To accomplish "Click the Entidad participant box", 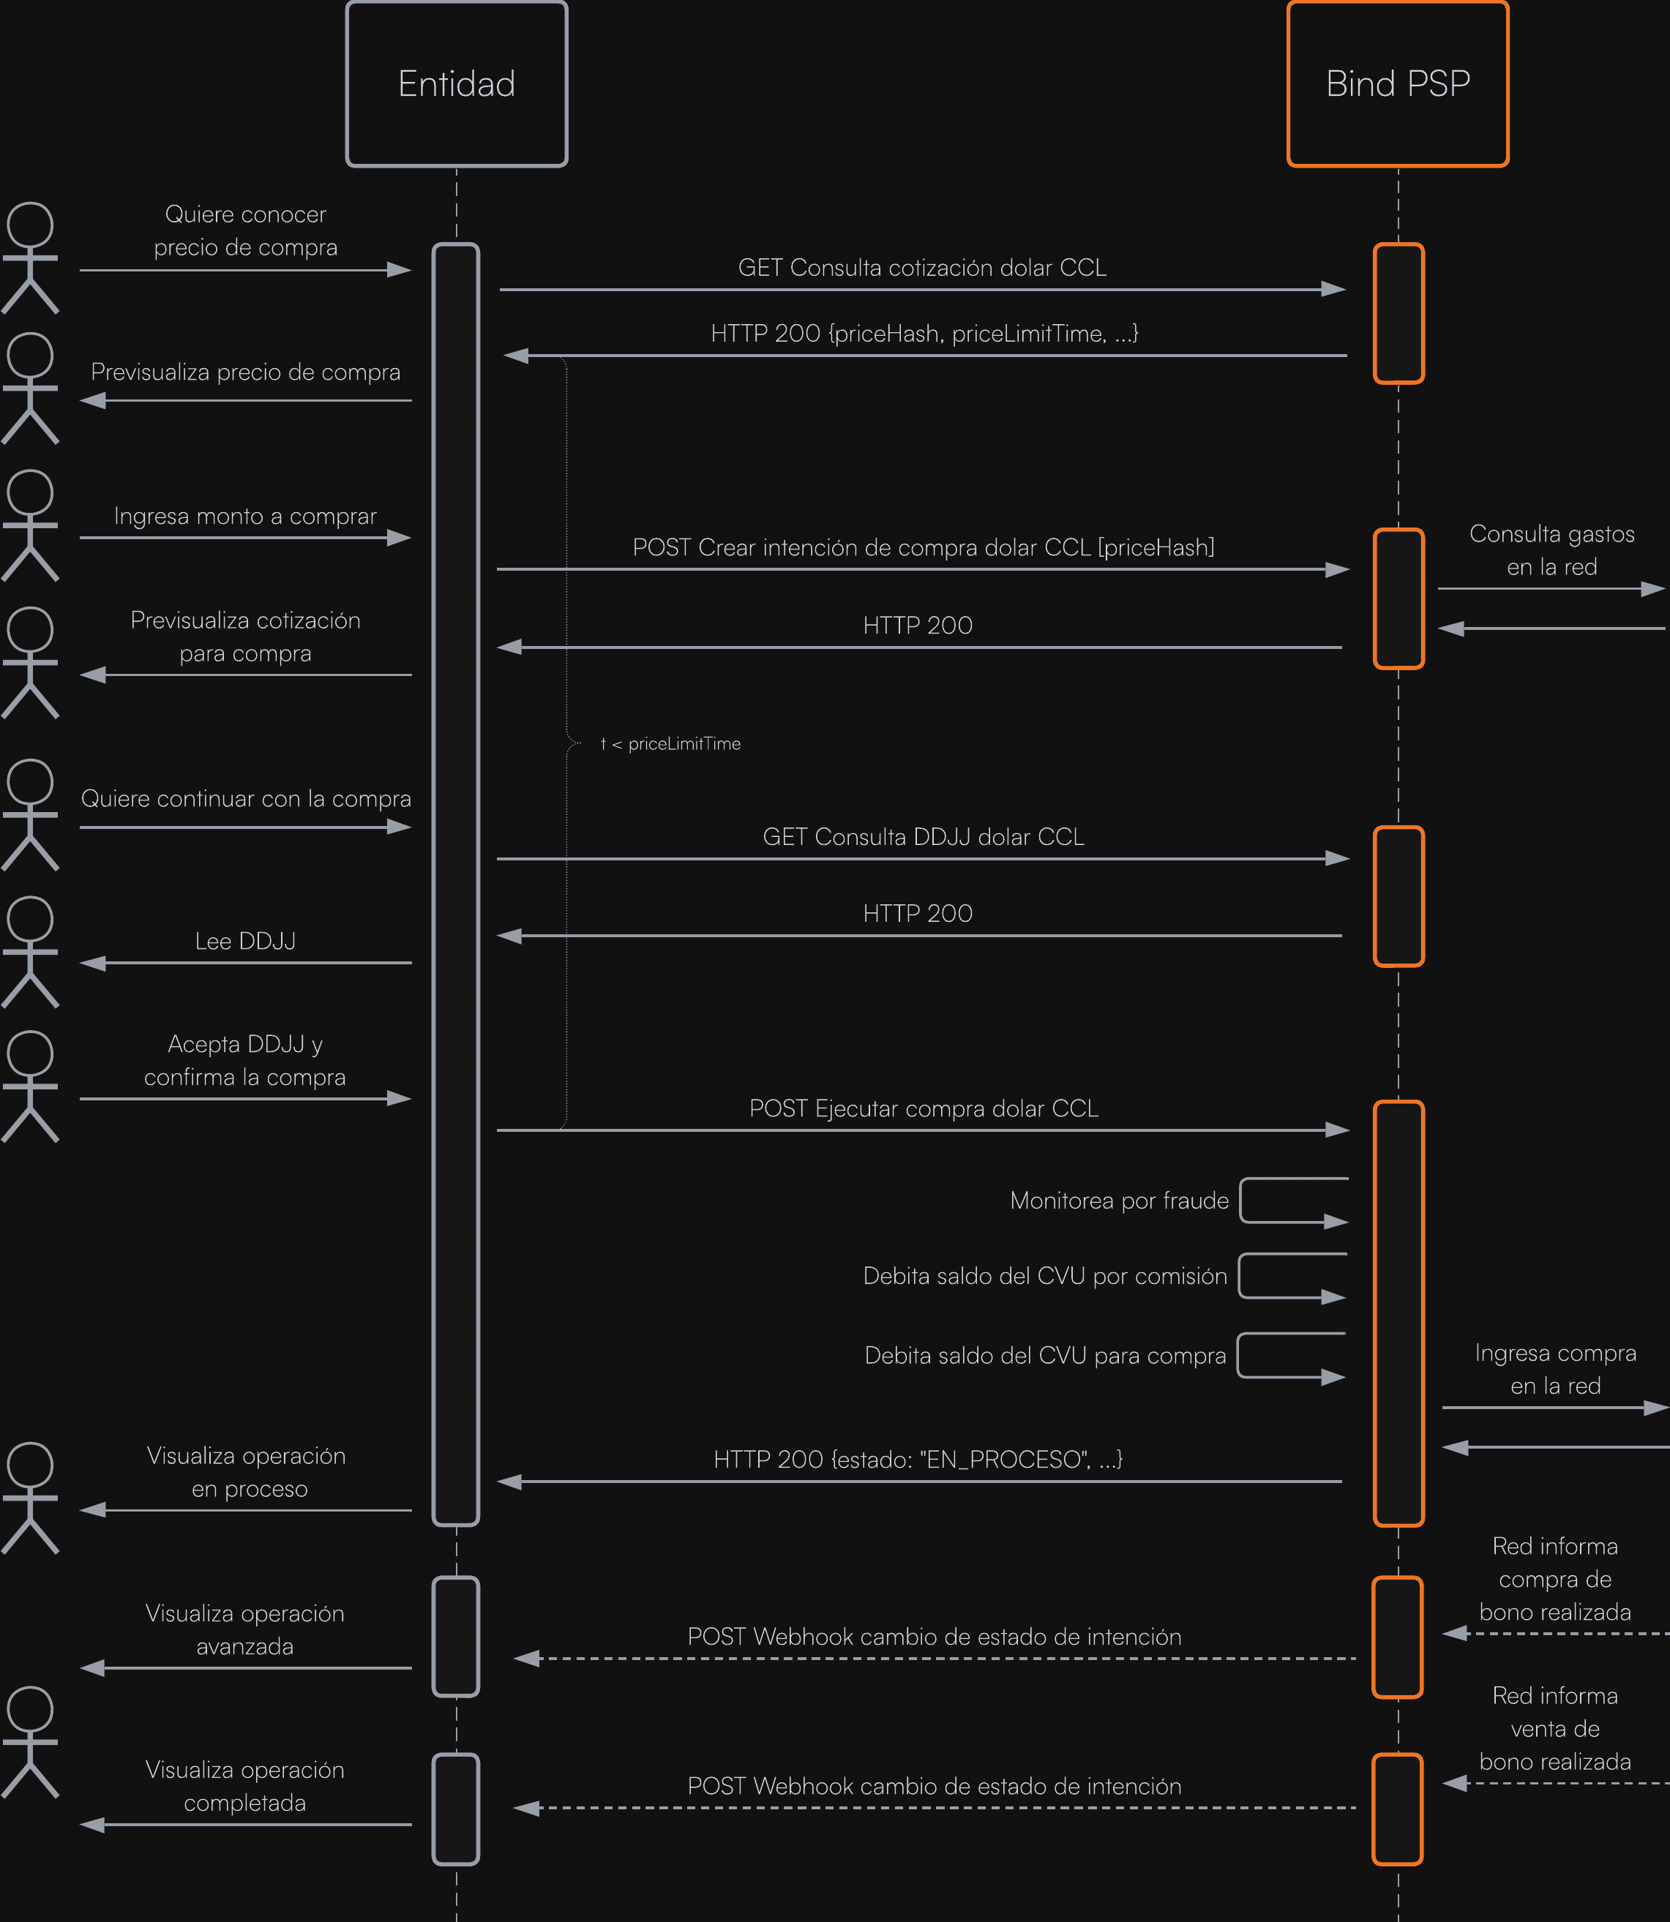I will click(x=457, y=84).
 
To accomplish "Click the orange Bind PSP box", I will click(x=1398, y=84).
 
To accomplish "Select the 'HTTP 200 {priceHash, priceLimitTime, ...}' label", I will click(x=924, y=334).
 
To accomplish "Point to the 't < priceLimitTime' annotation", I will click(x=671, y=743).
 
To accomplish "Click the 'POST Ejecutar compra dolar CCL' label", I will click(x=924, y=1108).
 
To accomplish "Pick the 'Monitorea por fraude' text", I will click(x=1119, y=1201).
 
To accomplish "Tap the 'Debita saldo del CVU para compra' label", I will click(x=1045, y=1356).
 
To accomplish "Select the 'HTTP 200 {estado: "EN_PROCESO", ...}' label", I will click(x=918, y=1459).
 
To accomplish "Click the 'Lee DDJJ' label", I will click(x=245, y=941).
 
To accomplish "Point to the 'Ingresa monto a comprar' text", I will click(x=245, y=516).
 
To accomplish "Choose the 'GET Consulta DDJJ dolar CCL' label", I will click(x=924, y=837).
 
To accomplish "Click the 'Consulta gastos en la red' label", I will click(x=1551, y=551).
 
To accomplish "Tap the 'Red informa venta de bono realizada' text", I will click(x=1554, y=1729).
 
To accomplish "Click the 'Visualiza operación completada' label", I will click(x=245, y=1786).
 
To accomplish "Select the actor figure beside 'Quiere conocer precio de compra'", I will click(x=30, y=258).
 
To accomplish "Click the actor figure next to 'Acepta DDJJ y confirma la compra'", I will click(x=30, y=1086).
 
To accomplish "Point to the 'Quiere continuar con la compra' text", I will click(x=245, y=798).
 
